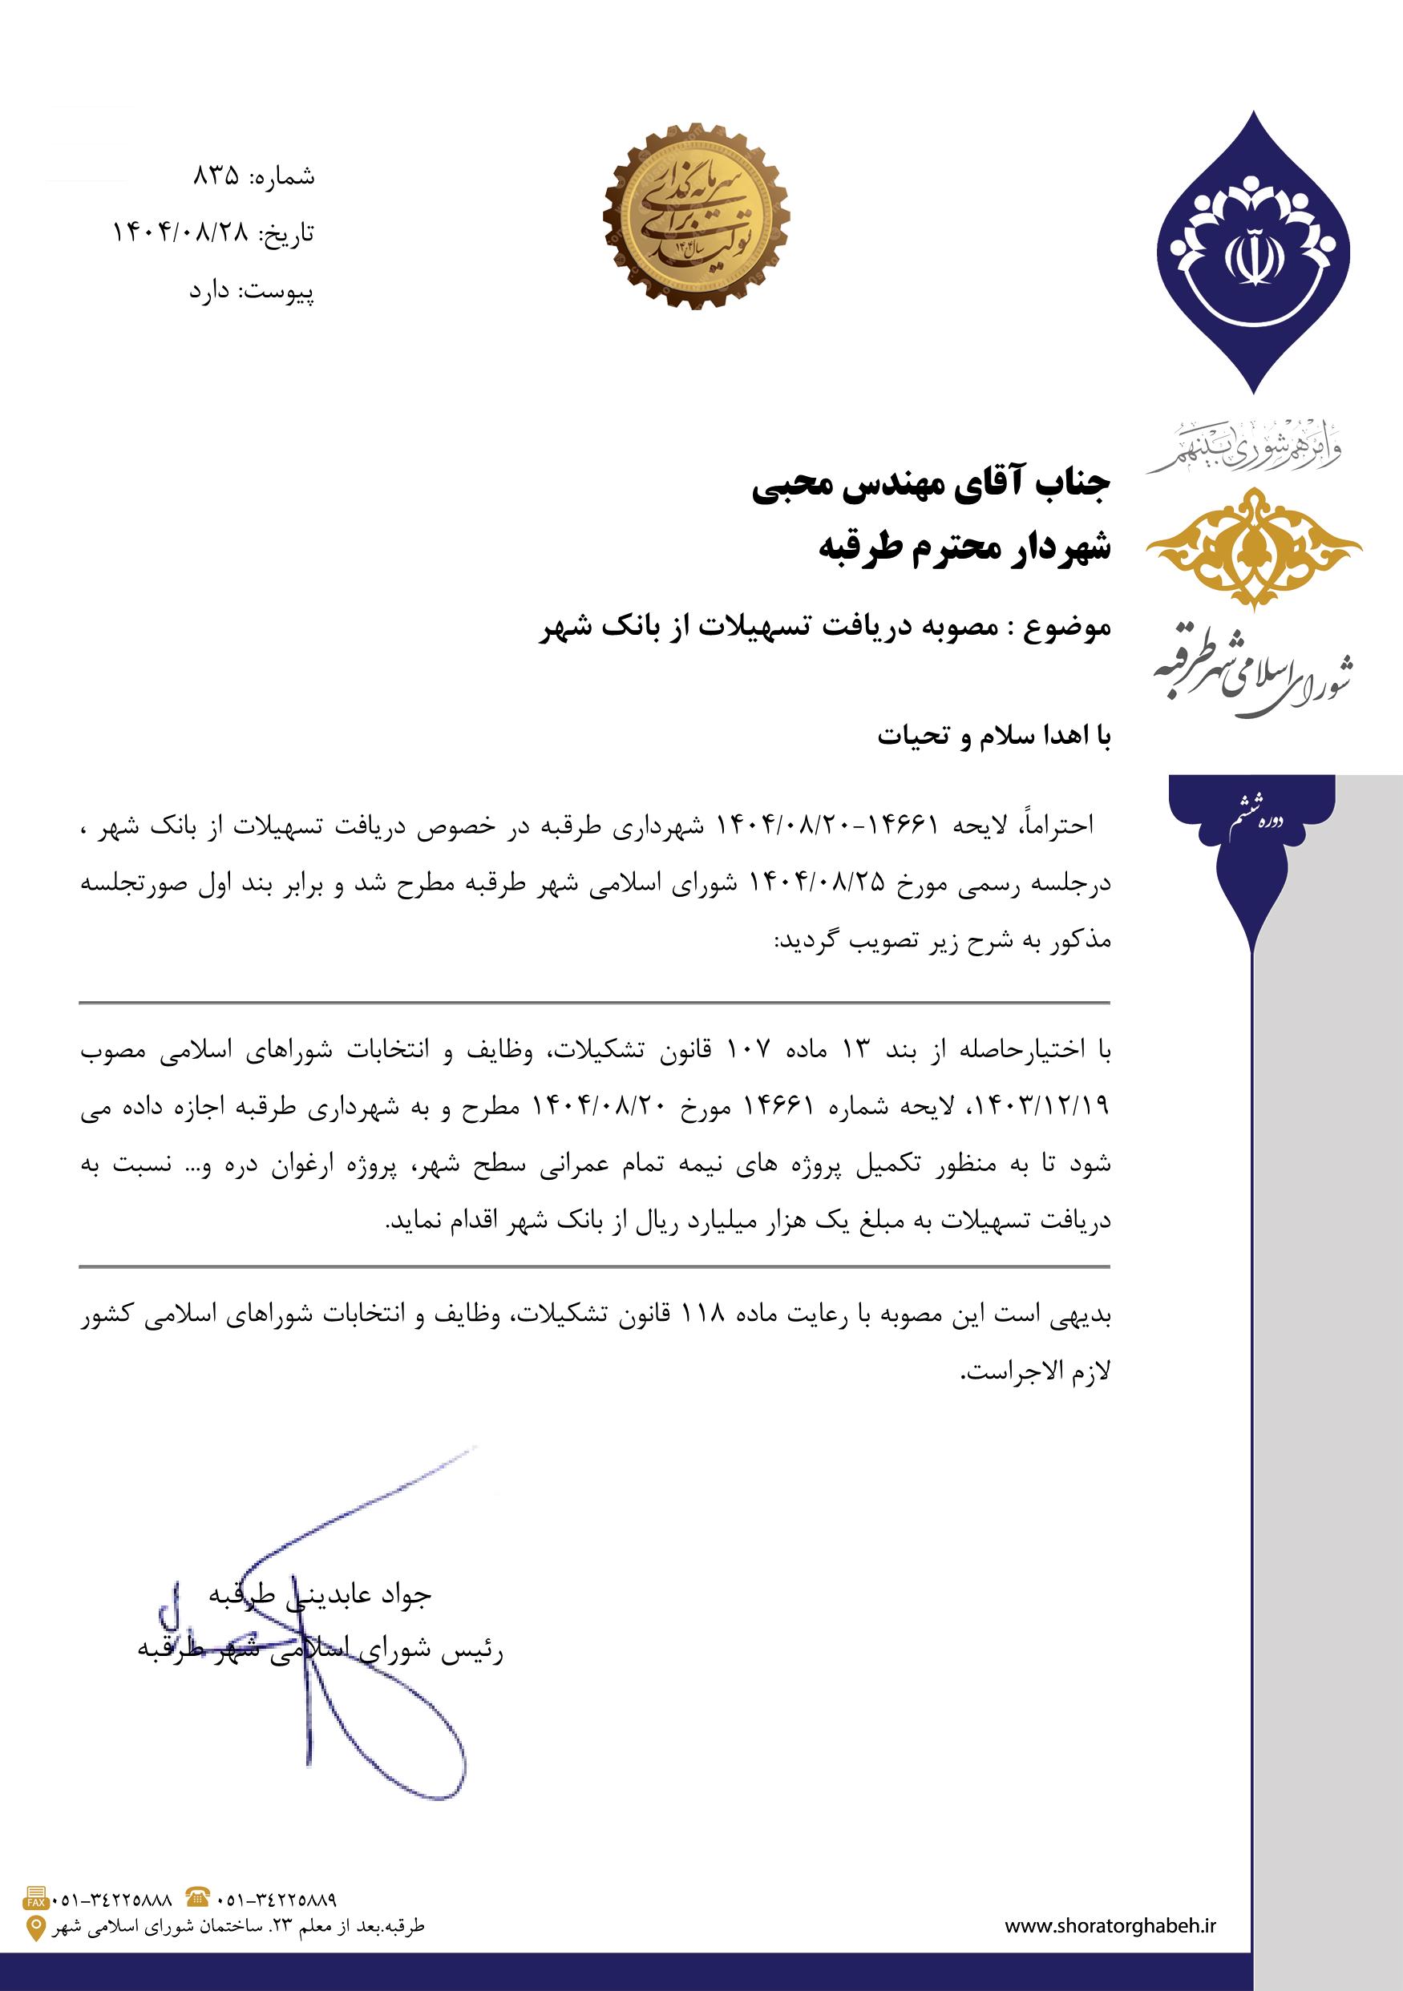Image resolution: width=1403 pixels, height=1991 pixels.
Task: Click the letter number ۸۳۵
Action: [x=215, y=177]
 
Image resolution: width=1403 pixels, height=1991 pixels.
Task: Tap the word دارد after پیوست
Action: [x=210, y=292]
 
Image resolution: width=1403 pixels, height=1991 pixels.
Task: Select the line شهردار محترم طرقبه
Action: [x=964, y=549]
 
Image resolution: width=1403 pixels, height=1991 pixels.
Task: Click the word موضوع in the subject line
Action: [x=1069, y=627]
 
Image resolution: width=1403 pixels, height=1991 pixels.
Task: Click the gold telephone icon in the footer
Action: [x=198, y=1896]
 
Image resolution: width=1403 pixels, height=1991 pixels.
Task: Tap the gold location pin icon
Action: [x=36, y=1927]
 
